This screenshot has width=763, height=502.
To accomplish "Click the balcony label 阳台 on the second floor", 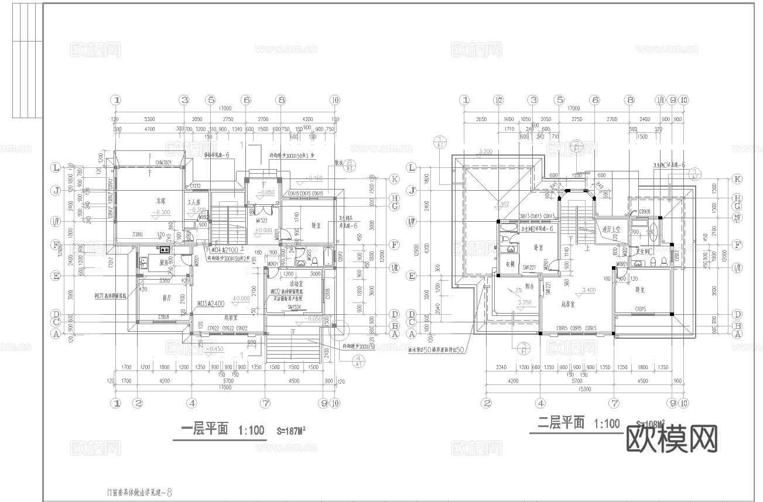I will [x=529, y=286].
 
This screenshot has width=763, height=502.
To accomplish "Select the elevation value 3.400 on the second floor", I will [x=588, y=290].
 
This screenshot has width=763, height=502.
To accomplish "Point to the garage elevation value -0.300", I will [x=163, y=212].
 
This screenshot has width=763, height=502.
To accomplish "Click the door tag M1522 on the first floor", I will [x=262, y=221].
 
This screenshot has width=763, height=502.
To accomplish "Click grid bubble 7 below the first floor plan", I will [x=265, y=403].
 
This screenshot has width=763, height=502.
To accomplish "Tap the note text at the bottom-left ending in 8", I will [x=136, y=493].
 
